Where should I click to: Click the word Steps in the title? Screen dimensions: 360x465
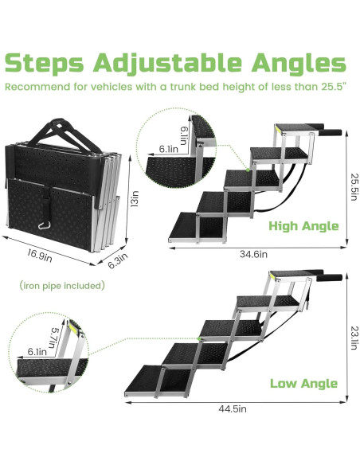45,64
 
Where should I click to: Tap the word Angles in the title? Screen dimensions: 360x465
299,64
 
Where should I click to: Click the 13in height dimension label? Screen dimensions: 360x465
135,199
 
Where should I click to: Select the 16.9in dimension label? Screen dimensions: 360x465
40,256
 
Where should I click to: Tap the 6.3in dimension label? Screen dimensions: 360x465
118,260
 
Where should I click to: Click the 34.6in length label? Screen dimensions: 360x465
253,254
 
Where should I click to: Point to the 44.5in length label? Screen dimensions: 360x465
233,408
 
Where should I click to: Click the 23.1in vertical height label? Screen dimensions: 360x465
354,338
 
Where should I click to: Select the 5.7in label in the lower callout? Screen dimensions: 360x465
53,338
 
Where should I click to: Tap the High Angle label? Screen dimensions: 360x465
303,226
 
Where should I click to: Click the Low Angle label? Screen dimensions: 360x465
303,384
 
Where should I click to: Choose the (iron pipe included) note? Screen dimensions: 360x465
62,286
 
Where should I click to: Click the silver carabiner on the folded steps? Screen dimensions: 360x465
44,226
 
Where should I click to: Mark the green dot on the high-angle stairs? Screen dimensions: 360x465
248,170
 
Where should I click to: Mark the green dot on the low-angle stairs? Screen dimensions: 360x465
199,338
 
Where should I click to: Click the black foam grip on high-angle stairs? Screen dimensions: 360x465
331,132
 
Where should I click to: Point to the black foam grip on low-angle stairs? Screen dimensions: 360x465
330,278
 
